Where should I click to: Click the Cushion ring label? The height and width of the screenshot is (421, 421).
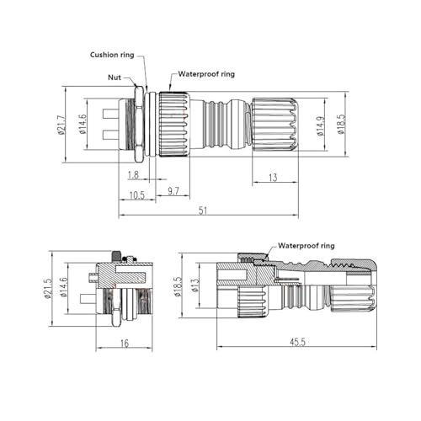[x=112, y=55]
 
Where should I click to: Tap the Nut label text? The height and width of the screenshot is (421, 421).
[x=115, y=77]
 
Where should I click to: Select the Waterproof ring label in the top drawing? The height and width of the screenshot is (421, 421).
[x=206, y=74]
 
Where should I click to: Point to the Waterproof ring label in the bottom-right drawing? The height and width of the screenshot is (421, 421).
[x=306, y=246]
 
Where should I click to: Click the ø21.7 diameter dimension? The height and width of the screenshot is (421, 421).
[x=61, y=125]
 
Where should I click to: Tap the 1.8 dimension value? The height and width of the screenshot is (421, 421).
[x=133, y=175]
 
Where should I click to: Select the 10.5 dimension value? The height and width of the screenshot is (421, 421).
[x=136, y=195]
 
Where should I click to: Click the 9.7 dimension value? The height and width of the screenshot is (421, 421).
[x=173, y=191]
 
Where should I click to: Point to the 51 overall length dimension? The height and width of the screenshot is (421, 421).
[x=203, y=210]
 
